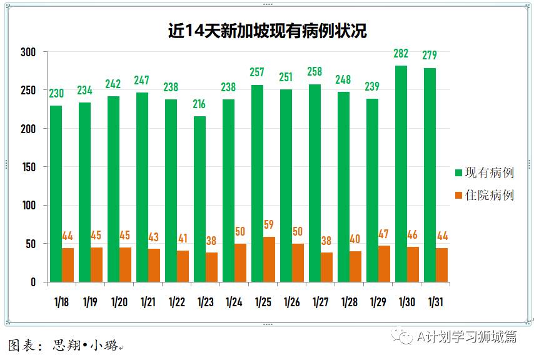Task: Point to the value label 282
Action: tap(401, 54)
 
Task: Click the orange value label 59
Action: tap(268, 225)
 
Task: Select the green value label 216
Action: tap(199, 104)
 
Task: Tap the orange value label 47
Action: tap(383, 234)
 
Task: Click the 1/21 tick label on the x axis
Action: tap(148, 302)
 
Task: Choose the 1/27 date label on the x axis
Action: tap(320, 302)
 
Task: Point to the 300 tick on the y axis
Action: tap(29, 52)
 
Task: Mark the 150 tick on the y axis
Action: tap(29, 167)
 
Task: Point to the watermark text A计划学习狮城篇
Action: tap(466, 337)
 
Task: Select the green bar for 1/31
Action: tap(430, 175)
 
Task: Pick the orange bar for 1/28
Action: tap(355, 266)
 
